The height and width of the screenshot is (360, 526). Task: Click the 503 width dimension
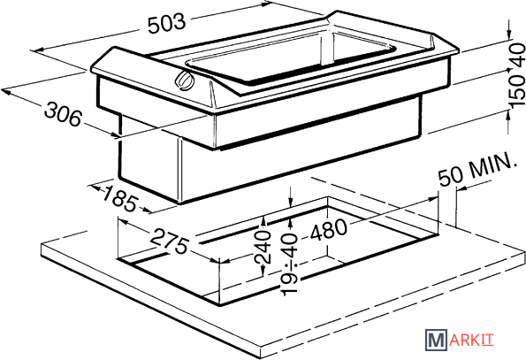166,23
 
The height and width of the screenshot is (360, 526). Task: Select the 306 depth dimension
63,114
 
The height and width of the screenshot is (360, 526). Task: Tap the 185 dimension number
120,199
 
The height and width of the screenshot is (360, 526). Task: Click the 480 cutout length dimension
328,229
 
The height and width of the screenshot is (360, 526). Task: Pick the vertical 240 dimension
263,248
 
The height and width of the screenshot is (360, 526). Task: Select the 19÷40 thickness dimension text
289,265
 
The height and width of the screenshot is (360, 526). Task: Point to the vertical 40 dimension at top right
517,55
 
